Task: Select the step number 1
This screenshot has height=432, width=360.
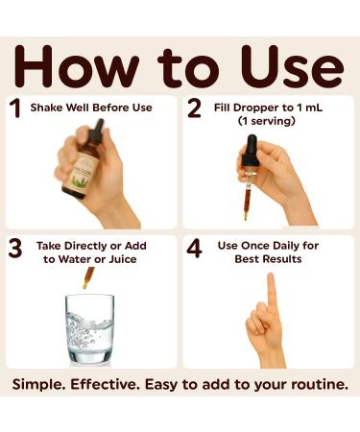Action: pyautogui.click(x=15, y=108)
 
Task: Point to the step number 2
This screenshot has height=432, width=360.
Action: pyautogui.click(x=194, y=108)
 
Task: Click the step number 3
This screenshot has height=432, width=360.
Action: pyautogui.click(x=15, y=249)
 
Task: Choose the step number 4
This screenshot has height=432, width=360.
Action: pyautogui.click(x=194, y=249)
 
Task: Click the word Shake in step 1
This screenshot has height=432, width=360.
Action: pyautogui.click(x=46, y=108)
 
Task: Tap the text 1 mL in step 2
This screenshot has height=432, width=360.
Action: pyautogui.click(x=309, y=108)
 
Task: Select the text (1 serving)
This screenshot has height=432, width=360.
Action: pyautogui.click(x=267, y=121)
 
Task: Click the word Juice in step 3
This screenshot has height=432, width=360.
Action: pyautogui.click(x=123, y=259)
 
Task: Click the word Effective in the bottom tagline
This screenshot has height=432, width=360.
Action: pyautogui.click(x=105, y=384)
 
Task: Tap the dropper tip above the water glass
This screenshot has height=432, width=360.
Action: pyautogui.click(x=85, y=284)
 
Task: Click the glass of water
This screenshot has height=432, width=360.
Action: pyautogui.click(x=89, y=330)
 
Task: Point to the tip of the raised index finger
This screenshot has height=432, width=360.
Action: pyautogui.click(x=271, y=276)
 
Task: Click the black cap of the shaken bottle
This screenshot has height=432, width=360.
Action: pyautogui.click(x=97, y=131)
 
